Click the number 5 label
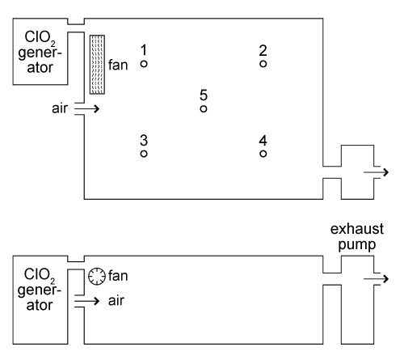[204, 95]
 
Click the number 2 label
[263, 50]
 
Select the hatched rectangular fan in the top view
[97, 65]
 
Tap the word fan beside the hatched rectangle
[118, 65]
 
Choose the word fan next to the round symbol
[118, 276]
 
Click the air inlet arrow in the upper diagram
[87, 108]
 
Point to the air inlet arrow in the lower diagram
[87, 301]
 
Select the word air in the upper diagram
[60, 108]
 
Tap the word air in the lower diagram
[116, 301]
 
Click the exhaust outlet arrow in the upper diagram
[377, 172]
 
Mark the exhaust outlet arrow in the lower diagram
[377, 279]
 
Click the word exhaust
[357, 229]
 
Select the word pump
[357, 245]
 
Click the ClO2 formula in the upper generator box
[40, 37]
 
